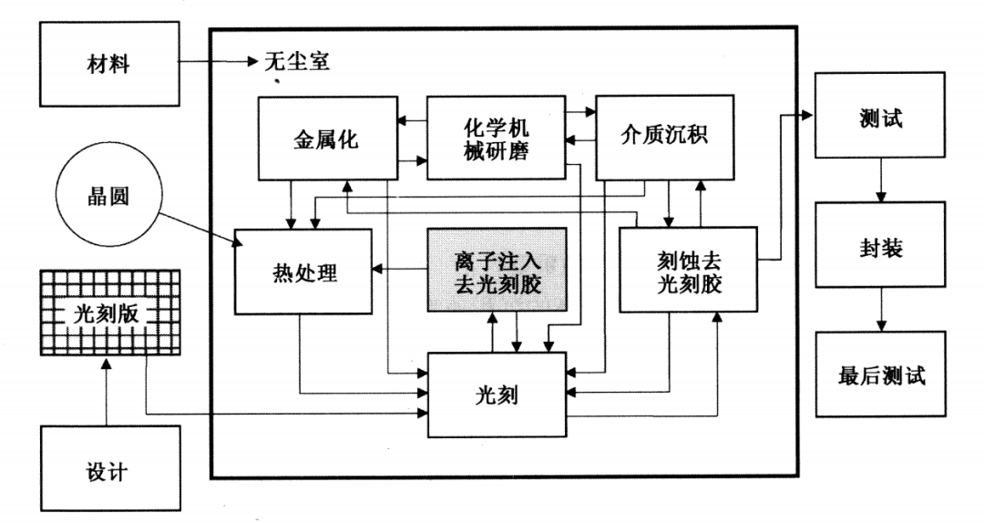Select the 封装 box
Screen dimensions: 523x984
pos(879,248)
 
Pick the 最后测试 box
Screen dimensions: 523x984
pos(879,374)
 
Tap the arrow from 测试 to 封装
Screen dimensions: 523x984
pos(879,182)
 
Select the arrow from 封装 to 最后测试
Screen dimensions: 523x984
pos(879,312)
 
